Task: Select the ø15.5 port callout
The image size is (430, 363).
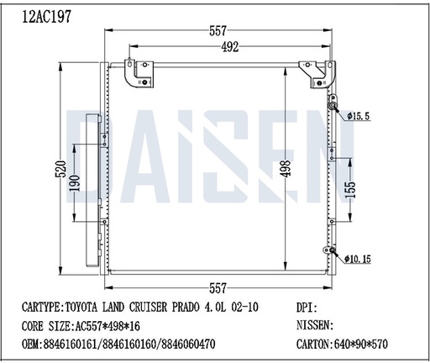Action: click(x=359, y=114)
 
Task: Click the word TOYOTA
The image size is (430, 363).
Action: click(x=81, y=308)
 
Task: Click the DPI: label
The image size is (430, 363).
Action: click(x=309, y=308)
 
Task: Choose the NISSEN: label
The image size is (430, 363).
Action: click(x=317, y=325)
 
